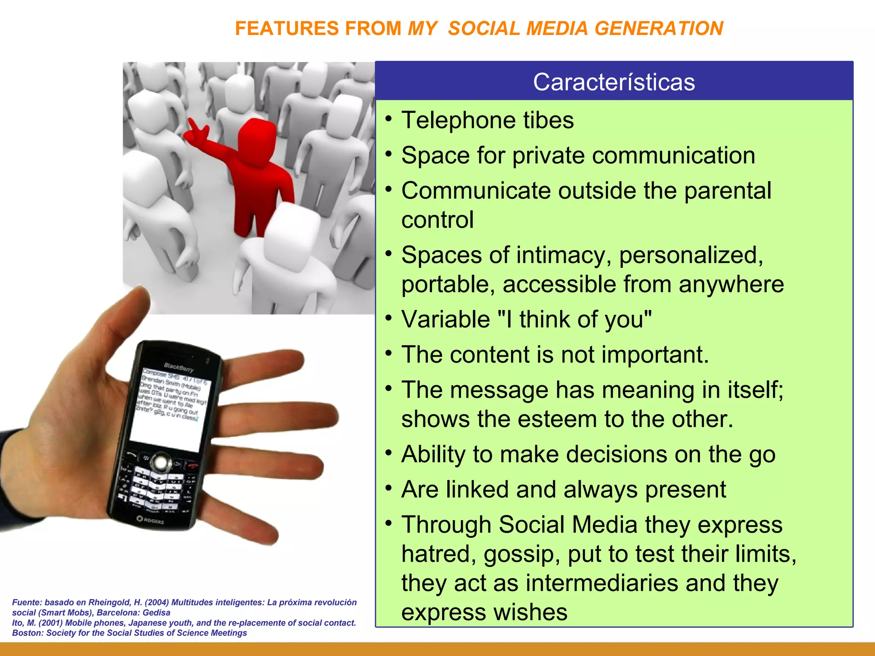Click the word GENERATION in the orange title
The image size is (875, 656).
tap(658, 29)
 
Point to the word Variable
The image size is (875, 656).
tap(446, 319)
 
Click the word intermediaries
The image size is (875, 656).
tap(602, 583)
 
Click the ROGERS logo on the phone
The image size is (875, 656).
tap(150, 520)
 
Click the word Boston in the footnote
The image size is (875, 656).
tap(27, 633)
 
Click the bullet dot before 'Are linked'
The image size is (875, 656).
tap(388, 487)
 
